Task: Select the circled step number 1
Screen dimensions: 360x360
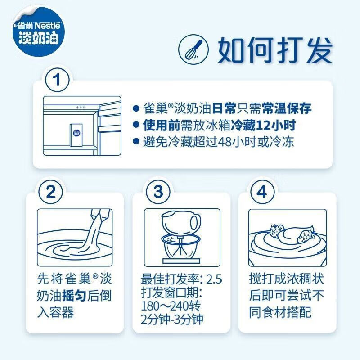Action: point(57,81)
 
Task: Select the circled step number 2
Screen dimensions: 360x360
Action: point(51,192)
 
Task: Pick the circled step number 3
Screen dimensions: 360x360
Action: point(157,192)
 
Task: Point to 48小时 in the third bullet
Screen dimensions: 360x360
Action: point(234,142)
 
